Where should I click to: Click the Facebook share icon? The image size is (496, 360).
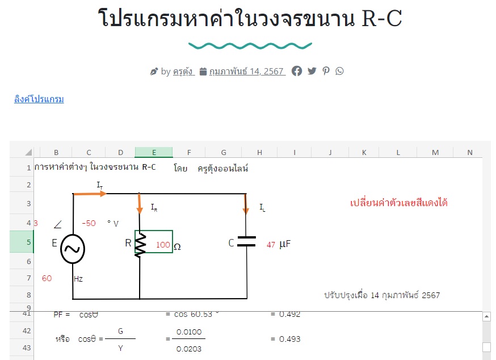(x=297, y=71)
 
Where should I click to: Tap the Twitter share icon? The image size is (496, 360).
(x=312, y=71)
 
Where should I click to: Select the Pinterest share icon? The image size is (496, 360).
(x=326, y=71)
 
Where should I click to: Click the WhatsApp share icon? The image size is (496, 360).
(x=339, y=71)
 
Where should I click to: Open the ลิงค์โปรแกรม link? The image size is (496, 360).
(x=39, y=99)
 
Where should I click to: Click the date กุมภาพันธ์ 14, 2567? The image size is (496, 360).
(x=247, y=72)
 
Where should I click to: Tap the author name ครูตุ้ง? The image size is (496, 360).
(x=184, y=72)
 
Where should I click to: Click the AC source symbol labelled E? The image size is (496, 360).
(x=73, y=249)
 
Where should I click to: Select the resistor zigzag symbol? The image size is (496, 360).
(x=140, y=245)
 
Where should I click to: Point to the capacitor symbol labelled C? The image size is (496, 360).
(x=246, y=242)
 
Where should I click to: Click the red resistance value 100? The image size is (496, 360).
(x=163, y=245)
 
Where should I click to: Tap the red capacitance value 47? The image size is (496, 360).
(x=271, y=245)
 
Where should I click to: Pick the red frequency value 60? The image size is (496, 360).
(x=47, y=278)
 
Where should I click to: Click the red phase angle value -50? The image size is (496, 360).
(x=89, y=223)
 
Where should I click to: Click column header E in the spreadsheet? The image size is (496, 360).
(x=154, y=152)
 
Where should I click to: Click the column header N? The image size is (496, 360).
(x=469, y=152)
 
